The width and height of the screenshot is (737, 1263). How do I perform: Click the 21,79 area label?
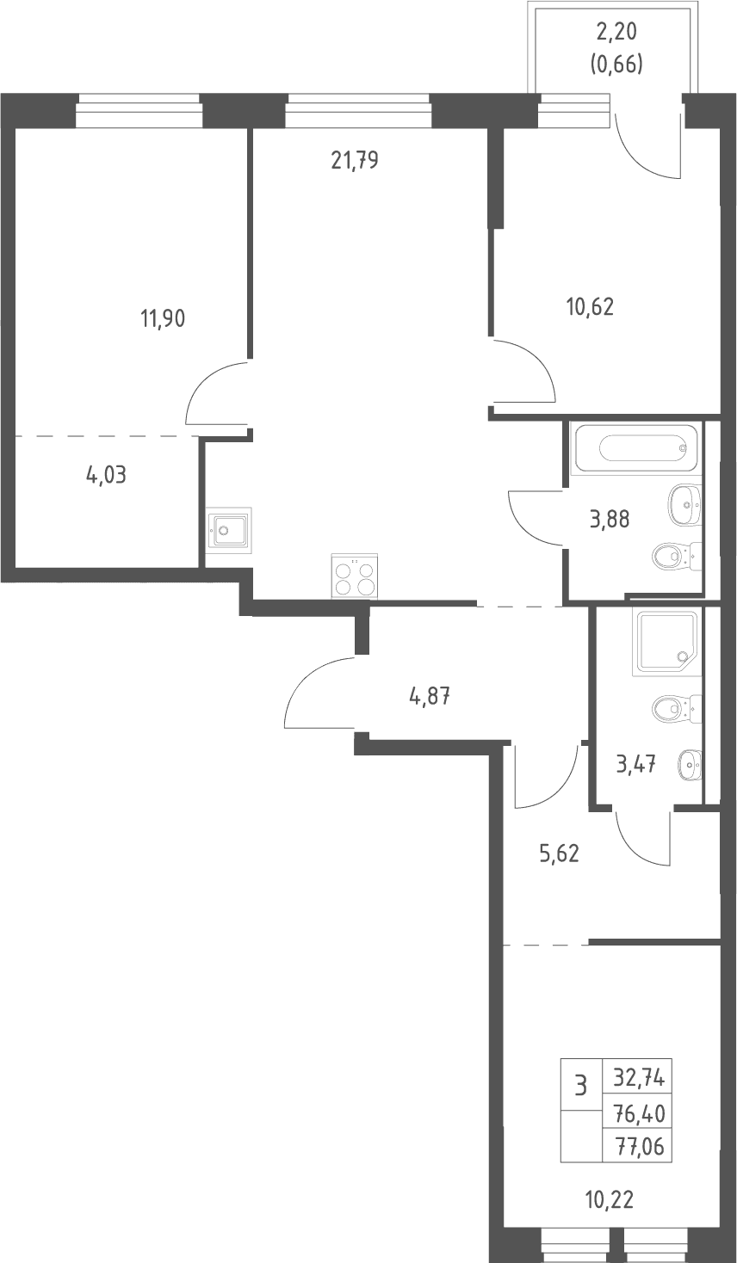click(355, 161)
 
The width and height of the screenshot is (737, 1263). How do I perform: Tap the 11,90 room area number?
click(163, 319)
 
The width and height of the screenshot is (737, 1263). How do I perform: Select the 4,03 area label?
click(106, 475)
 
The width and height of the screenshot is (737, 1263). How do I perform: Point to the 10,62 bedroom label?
click(590, 307)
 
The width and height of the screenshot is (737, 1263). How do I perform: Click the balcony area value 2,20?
click(616, 32)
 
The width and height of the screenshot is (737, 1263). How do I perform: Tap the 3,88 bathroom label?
click(610, 519)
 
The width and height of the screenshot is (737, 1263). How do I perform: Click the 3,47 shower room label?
click(636, 765)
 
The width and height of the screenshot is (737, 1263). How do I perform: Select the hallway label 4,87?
click(430, 697)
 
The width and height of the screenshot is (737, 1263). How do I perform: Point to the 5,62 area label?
click(560, 854)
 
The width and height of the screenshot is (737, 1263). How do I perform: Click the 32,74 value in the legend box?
click(639, 1078)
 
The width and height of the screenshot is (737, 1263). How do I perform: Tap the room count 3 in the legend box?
click(580, 1085)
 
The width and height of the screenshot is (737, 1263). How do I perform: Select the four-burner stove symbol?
click(355, 576)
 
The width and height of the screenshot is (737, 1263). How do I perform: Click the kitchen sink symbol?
click(228, 530)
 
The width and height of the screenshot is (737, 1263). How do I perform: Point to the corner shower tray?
click(668, 642)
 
